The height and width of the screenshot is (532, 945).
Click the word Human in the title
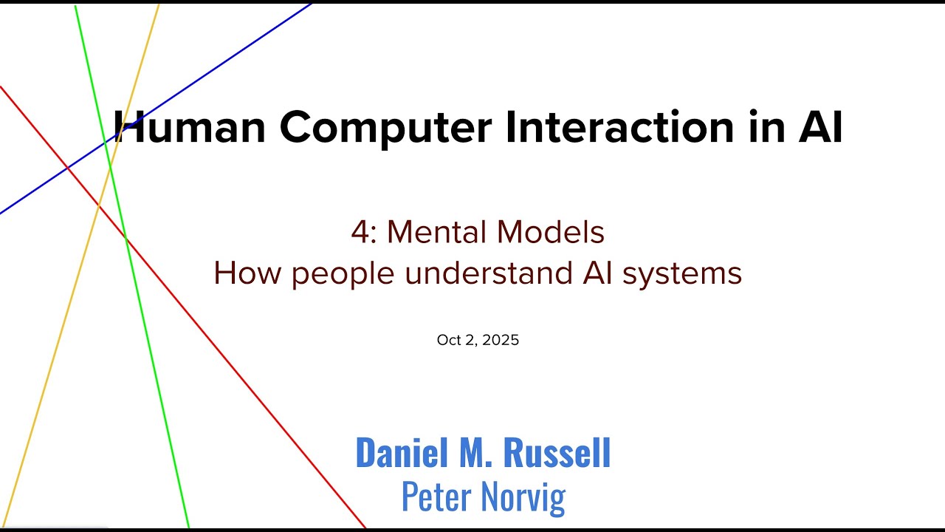coord(190,127)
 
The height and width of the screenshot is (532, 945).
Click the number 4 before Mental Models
coord(360,233)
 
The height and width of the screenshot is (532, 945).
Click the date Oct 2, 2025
coord(478,340)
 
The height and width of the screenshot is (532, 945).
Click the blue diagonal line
coord(244,49)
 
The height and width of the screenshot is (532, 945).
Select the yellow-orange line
coord(52,347)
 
